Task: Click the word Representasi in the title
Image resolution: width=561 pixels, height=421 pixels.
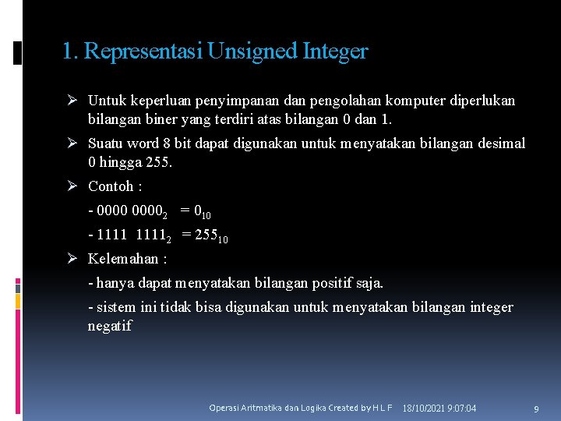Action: (x=142, y=51)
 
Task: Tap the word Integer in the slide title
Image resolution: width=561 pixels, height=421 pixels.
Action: (x=335, y=51)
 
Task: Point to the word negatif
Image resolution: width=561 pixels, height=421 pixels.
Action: (x=110, y=326)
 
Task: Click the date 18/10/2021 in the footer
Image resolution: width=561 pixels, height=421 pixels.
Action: (x=425, y=409)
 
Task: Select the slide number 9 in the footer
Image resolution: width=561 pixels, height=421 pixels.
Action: (x=536, y=409)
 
